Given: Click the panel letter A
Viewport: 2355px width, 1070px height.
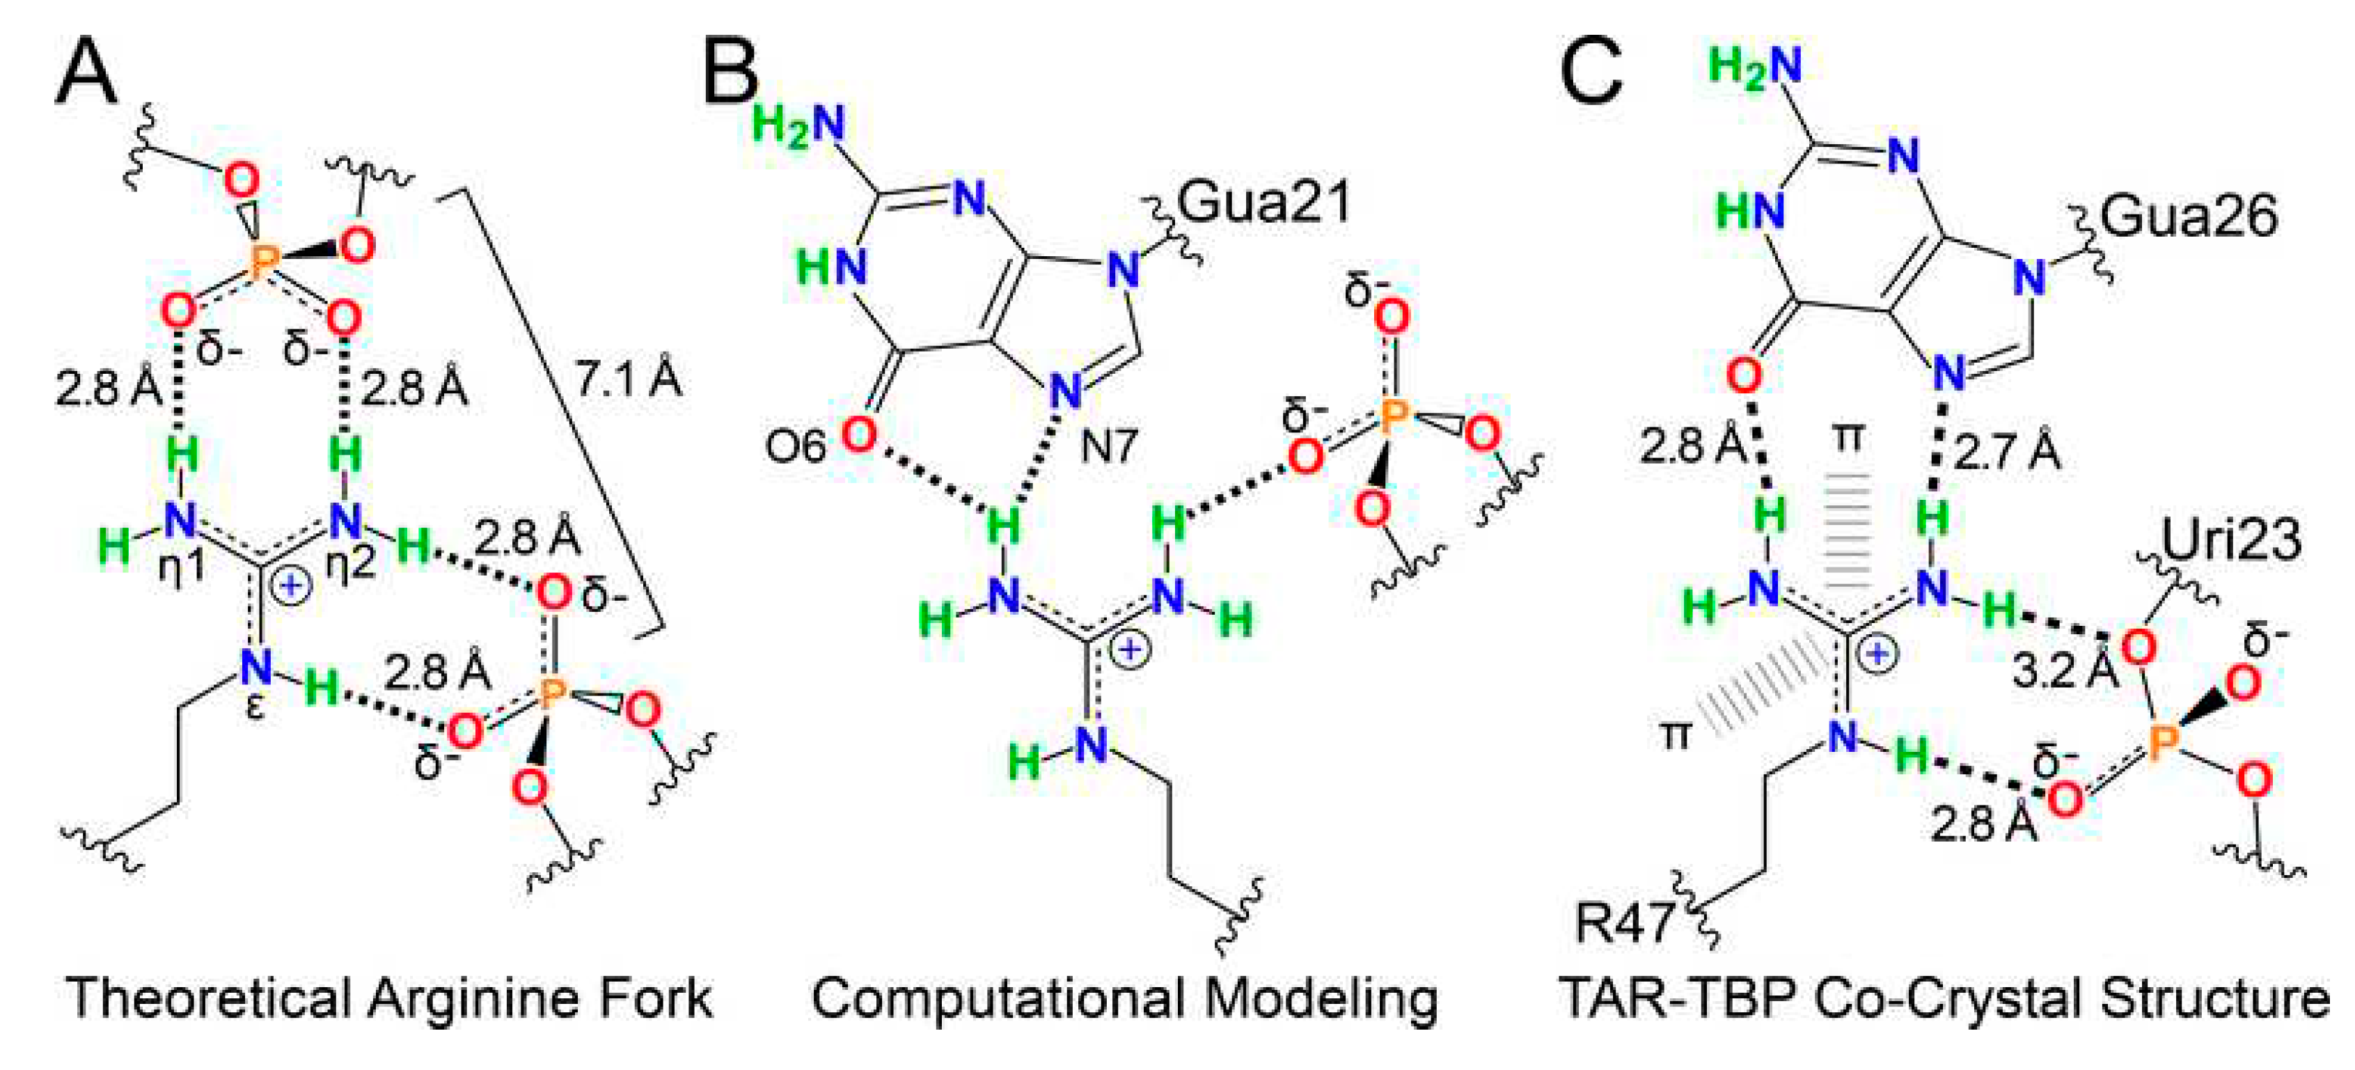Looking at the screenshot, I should click(87, 73).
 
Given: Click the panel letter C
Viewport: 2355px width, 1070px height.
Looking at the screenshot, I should click(1591, 73).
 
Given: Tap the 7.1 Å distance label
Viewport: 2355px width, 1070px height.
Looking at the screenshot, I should click(628, 378).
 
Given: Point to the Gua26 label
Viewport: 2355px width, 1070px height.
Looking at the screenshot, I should click(2189, 218).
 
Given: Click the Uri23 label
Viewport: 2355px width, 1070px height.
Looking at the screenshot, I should click(2230, 540).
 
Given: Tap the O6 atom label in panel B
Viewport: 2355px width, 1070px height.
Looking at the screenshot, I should click(796, 446).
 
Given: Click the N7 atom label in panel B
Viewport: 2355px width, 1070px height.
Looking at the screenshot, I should click(1109, 446).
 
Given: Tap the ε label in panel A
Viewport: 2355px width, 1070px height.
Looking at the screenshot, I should click(256, 706).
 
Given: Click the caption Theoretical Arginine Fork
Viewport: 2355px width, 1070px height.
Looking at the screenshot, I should click(388, 998).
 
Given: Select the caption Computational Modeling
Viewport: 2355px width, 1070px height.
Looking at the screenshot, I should click(1124, 998).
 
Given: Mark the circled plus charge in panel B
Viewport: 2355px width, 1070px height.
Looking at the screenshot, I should click(1131, 650).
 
